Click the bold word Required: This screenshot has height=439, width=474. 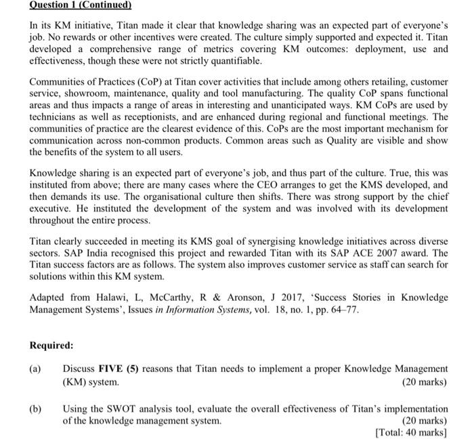click(x=51, y=346)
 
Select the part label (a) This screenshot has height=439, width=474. click(x=35, y=369)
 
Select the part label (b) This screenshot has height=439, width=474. click(x=35, y=409)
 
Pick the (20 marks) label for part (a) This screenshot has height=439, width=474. click(x=425, y=381)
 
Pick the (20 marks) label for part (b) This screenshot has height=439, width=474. click(x=425, y=421)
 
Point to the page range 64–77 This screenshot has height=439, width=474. click(x=341, y=310)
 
